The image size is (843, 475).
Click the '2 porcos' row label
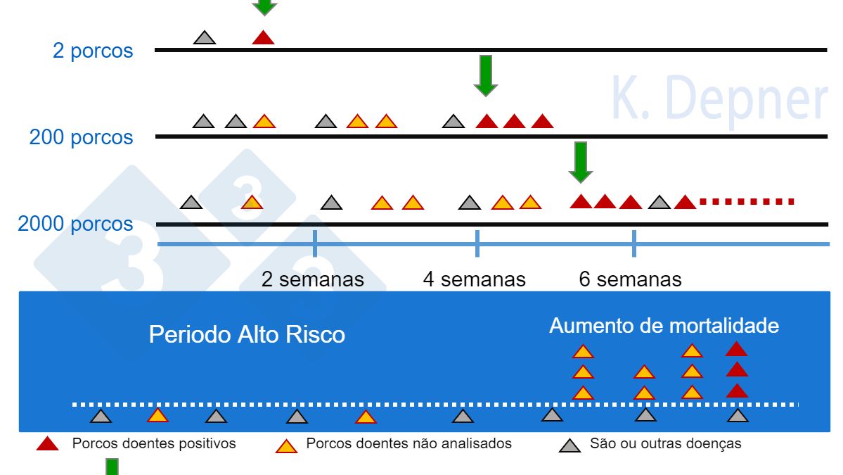(93, 51)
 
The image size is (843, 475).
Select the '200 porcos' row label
(81, 137)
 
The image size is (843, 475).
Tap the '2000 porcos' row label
(75, 224)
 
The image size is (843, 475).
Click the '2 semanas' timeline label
(313, 279)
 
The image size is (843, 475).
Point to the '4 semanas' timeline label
(474, 279)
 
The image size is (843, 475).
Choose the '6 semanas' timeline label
(630, 279)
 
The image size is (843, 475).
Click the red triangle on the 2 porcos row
(263, 38)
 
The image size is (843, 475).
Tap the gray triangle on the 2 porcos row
(205, 38)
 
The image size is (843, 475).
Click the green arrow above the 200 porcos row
(486, 75)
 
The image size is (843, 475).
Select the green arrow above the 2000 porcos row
(581, 162)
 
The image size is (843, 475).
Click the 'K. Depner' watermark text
(719, 99)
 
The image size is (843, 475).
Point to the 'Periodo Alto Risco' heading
(247, 334)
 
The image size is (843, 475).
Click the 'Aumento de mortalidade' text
(664, 326)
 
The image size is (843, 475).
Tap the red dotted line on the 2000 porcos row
(747, 202)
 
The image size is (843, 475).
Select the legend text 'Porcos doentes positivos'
(154, 444)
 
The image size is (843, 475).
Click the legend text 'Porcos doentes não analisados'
(408, 444)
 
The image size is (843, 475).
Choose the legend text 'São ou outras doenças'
(665, 444)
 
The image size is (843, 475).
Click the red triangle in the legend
(47, 444)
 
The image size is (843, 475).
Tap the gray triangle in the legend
(569, 445)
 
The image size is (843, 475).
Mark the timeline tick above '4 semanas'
(477, 244)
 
